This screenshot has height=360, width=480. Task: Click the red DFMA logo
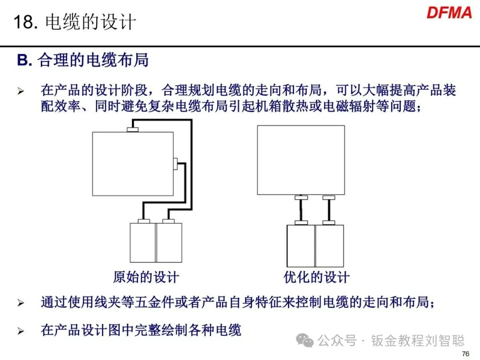[449, 12]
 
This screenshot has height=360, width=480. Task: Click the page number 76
[465, 354]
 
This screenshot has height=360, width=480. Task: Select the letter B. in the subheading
[24, 60]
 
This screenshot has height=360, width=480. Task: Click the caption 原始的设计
[146, 278]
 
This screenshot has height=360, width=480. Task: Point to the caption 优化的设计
[316, 278]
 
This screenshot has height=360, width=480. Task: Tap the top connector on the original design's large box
[133, 129]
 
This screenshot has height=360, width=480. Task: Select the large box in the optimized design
[301, 160]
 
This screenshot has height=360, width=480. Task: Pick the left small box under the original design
[142, 243]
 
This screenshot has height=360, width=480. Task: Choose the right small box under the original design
[169, 243]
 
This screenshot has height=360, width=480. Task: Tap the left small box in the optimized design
[301, 246]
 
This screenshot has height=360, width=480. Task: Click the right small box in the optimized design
[329, 246]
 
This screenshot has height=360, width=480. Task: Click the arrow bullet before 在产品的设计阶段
[20, 91]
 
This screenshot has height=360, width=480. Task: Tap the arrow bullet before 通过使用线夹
[20, 304]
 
